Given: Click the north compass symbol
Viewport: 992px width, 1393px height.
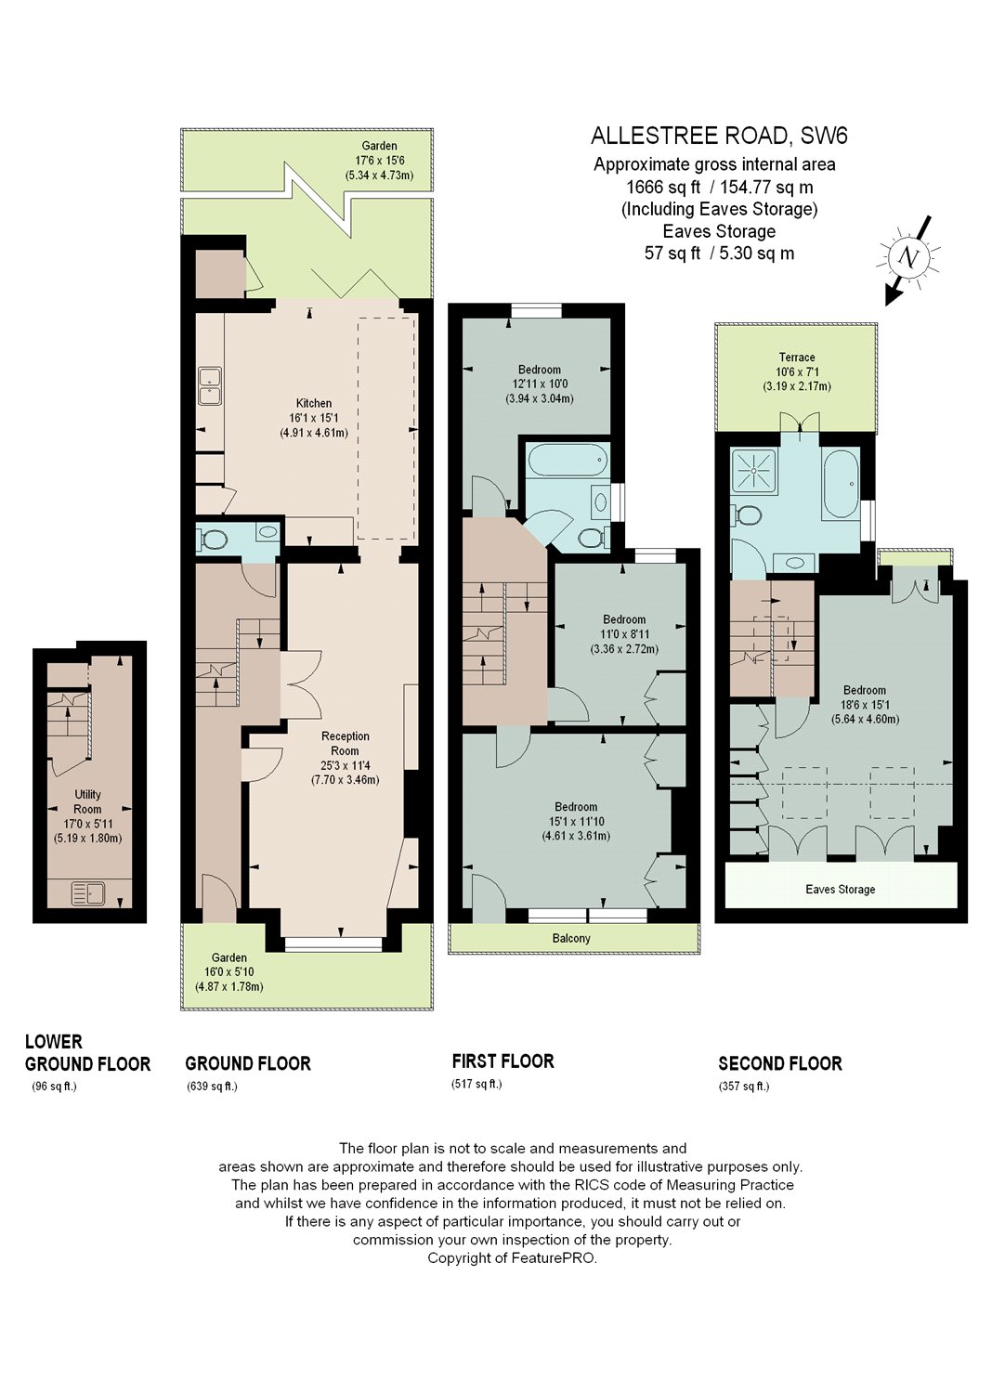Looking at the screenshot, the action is (908, 259).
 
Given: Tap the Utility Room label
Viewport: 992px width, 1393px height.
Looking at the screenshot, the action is (87, 801).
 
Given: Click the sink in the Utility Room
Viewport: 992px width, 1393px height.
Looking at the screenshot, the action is (87, 893).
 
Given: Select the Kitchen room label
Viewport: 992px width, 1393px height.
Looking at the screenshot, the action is (313, 403).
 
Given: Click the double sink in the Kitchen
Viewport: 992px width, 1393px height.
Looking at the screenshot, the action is (210, 386).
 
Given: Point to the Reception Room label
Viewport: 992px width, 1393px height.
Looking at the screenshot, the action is (346, 743).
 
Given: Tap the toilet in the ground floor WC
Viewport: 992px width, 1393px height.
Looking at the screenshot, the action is (213, 539).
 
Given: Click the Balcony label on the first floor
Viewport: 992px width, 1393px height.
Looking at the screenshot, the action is (571, 938).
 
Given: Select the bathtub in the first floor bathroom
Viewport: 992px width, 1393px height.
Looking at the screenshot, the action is (568, 461).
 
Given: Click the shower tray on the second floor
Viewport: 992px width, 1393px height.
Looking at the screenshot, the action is (754, 471).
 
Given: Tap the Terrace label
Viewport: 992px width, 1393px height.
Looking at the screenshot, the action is (797, 357).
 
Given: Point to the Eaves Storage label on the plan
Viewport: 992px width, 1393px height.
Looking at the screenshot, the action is (840, 890).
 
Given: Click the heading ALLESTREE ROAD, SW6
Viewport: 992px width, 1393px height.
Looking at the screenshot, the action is (719, 136).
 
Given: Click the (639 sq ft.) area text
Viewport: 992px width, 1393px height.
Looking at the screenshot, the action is (212, 1087).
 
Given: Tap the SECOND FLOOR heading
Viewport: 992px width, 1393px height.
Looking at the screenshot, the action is (780, 1063).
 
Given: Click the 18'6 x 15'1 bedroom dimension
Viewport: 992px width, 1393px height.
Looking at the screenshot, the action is (865, 705).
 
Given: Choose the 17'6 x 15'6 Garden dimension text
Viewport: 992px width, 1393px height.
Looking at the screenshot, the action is (379, 161).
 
